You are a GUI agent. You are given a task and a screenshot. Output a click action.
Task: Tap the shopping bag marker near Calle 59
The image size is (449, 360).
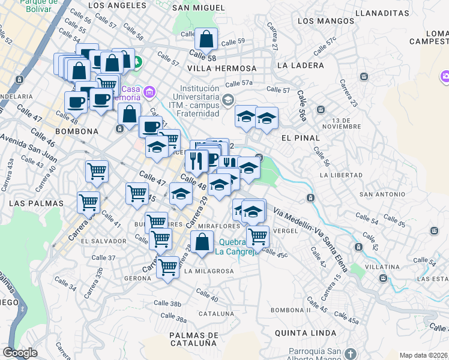206,40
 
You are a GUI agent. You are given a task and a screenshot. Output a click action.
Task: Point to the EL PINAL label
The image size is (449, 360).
300,137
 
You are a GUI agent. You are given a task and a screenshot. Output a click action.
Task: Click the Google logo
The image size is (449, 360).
20,353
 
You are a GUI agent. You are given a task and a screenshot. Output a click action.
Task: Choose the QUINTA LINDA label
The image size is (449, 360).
303,332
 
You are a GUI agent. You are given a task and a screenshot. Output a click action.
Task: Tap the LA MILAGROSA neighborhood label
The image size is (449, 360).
209,271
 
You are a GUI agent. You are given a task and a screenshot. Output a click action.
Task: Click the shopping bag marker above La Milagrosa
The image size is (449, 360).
202,243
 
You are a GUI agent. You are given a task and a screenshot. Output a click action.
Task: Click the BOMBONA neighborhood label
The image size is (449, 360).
76,131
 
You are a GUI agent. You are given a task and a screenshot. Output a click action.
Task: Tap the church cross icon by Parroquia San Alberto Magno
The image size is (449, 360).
351,354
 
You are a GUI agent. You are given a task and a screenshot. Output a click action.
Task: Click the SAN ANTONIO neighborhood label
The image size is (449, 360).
382,194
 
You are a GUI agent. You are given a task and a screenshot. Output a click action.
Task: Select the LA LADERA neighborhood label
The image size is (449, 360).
301,65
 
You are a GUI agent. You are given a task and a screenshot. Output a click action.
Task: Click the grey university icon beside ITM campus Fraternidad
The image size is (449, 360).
228,100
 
